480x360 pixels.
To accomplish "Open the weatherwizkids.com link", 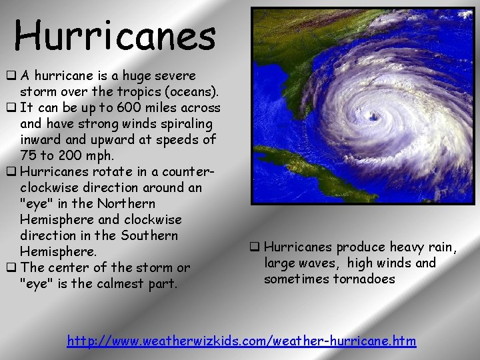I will tap(242, 341).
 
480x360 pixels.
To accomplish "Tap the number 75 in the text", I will tap(29, 156).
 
